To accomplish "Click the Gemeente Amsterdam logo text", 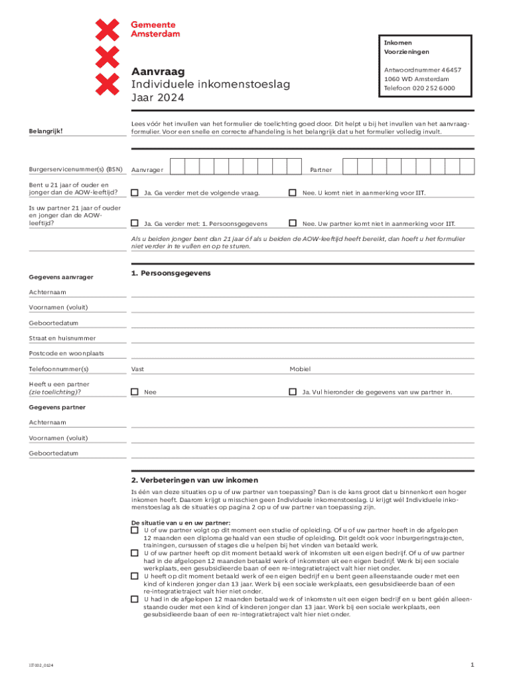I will [x=155, y=29].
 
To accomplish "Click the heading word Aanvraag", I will [x=158, y=72].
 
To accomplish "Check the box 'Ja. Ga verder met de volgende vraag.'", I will [x=135, y=193].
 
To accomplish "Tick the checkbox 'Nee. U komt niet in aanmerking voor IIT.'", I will [x=293, y=193].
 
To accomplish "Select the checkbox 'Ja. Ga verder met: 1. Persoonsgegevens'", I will [x=135, y=224].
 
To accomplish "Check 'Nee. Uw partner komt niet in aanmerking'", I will [x=293, y=224].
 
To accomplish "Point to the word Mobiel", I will [x=299, y=369].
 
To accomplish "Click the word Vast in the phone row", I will [x=137, y=369].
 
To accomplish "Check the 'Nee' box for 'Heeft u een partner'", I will [x=135, y=392].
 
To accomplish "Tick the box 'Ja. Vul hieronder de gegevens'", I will [x=293, y=392].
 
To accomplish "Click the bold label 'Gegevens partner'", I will [x=57, y=407].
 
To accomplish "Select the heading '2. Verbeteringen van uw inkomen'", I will [x=194, y=480].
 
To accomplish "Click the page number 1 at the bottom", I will [x=471, y=664].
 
